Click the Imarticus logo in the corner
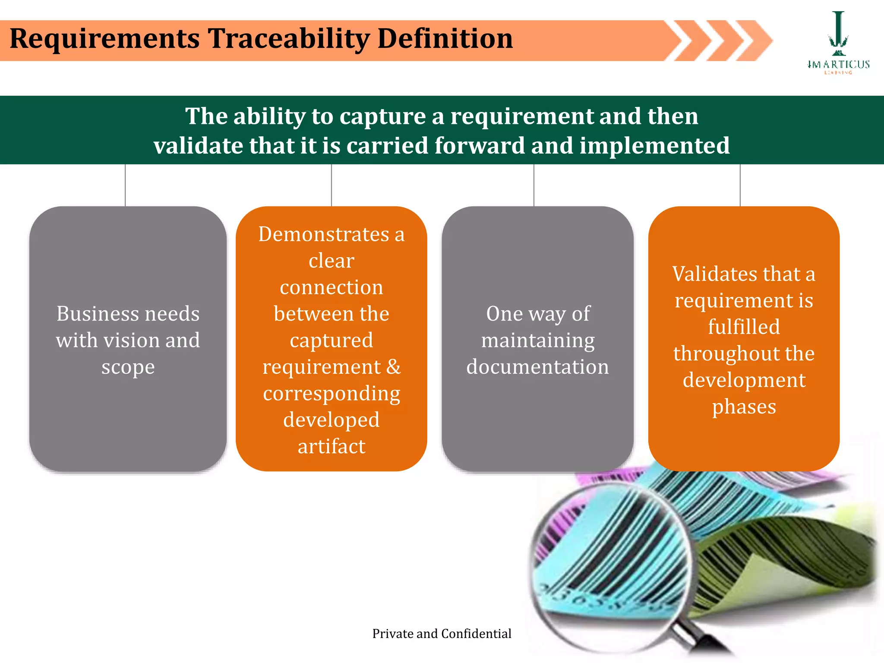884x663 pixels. pos(838,43)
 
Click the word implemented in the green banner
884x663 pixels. pos(654,145)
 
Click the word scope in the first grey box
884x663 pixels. pos(128,367)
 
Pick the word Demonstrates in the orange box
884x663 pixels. pos(324,234)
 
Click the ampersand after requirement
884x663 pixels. pos(393,367)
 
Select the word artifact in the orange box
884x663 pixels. pos(331,446)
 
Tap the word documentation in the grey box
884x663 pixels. pos(537,367)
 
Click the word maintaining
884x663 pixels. pos(537,341)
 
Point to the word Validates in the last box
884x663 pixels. pos(714,275)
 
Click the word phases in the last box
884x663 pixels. pos(744,407)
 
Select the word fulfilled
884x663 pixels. pos(744,327)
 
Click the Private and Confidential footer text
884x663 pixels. pos(442,634)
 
